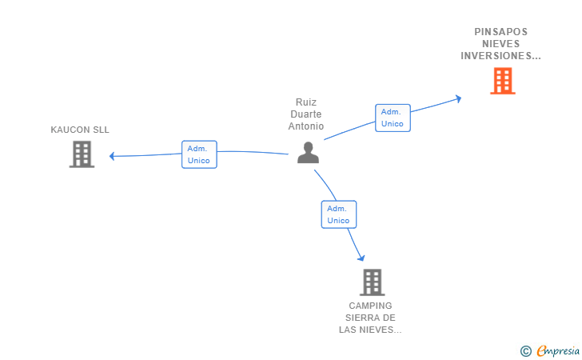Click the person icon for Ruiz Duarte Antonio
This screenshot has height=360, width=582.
(x=308, y=153)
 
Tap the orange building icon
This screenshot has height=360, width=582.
(x=503, y=81)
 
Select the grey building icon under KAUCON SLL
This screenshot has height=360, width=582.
(x=82, y=154)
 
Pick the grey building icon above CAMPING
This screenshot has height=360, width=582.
(x=373, y=282)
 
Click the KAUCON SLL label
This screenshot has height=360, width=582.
(x=80, y=130)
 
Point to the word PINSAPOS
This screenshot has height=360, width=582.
(x=500, y=31)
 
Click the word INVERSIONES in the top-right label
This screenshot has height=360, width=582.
(x=496, y=56)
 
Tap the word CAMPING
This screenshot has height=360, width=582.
(x=370, y=306)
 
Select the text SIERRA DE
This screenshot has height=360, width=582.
(x=370, y=318)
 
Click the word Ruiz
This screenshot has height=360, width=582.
(x=306, y=102)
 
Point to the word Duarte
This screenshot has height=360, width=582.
(x=306, y=114)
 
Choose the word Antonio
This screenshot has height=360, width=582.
(x=306, y=126)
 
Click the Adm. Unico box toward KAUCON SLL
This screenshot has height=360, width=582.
(x=199, y=154)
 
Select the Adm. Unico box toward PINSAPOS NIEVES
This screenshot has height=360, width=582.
(x=393, y=118)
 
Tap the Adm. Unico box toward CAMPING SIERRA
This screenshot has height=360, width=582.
(x=339, y=214)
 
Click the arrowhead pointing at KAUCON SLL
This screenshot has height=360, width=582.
(x=112, y=156)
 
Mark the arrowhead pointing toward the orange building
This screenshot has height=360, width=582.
(x=458, y=98)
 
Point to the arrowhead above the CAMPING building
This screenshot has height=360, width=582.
(x=361, y=258)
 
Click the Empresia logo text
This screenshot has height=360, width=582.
(x=558, y=350)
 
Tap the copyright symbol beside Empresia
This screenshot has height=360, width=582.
(x=526, y=351)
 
